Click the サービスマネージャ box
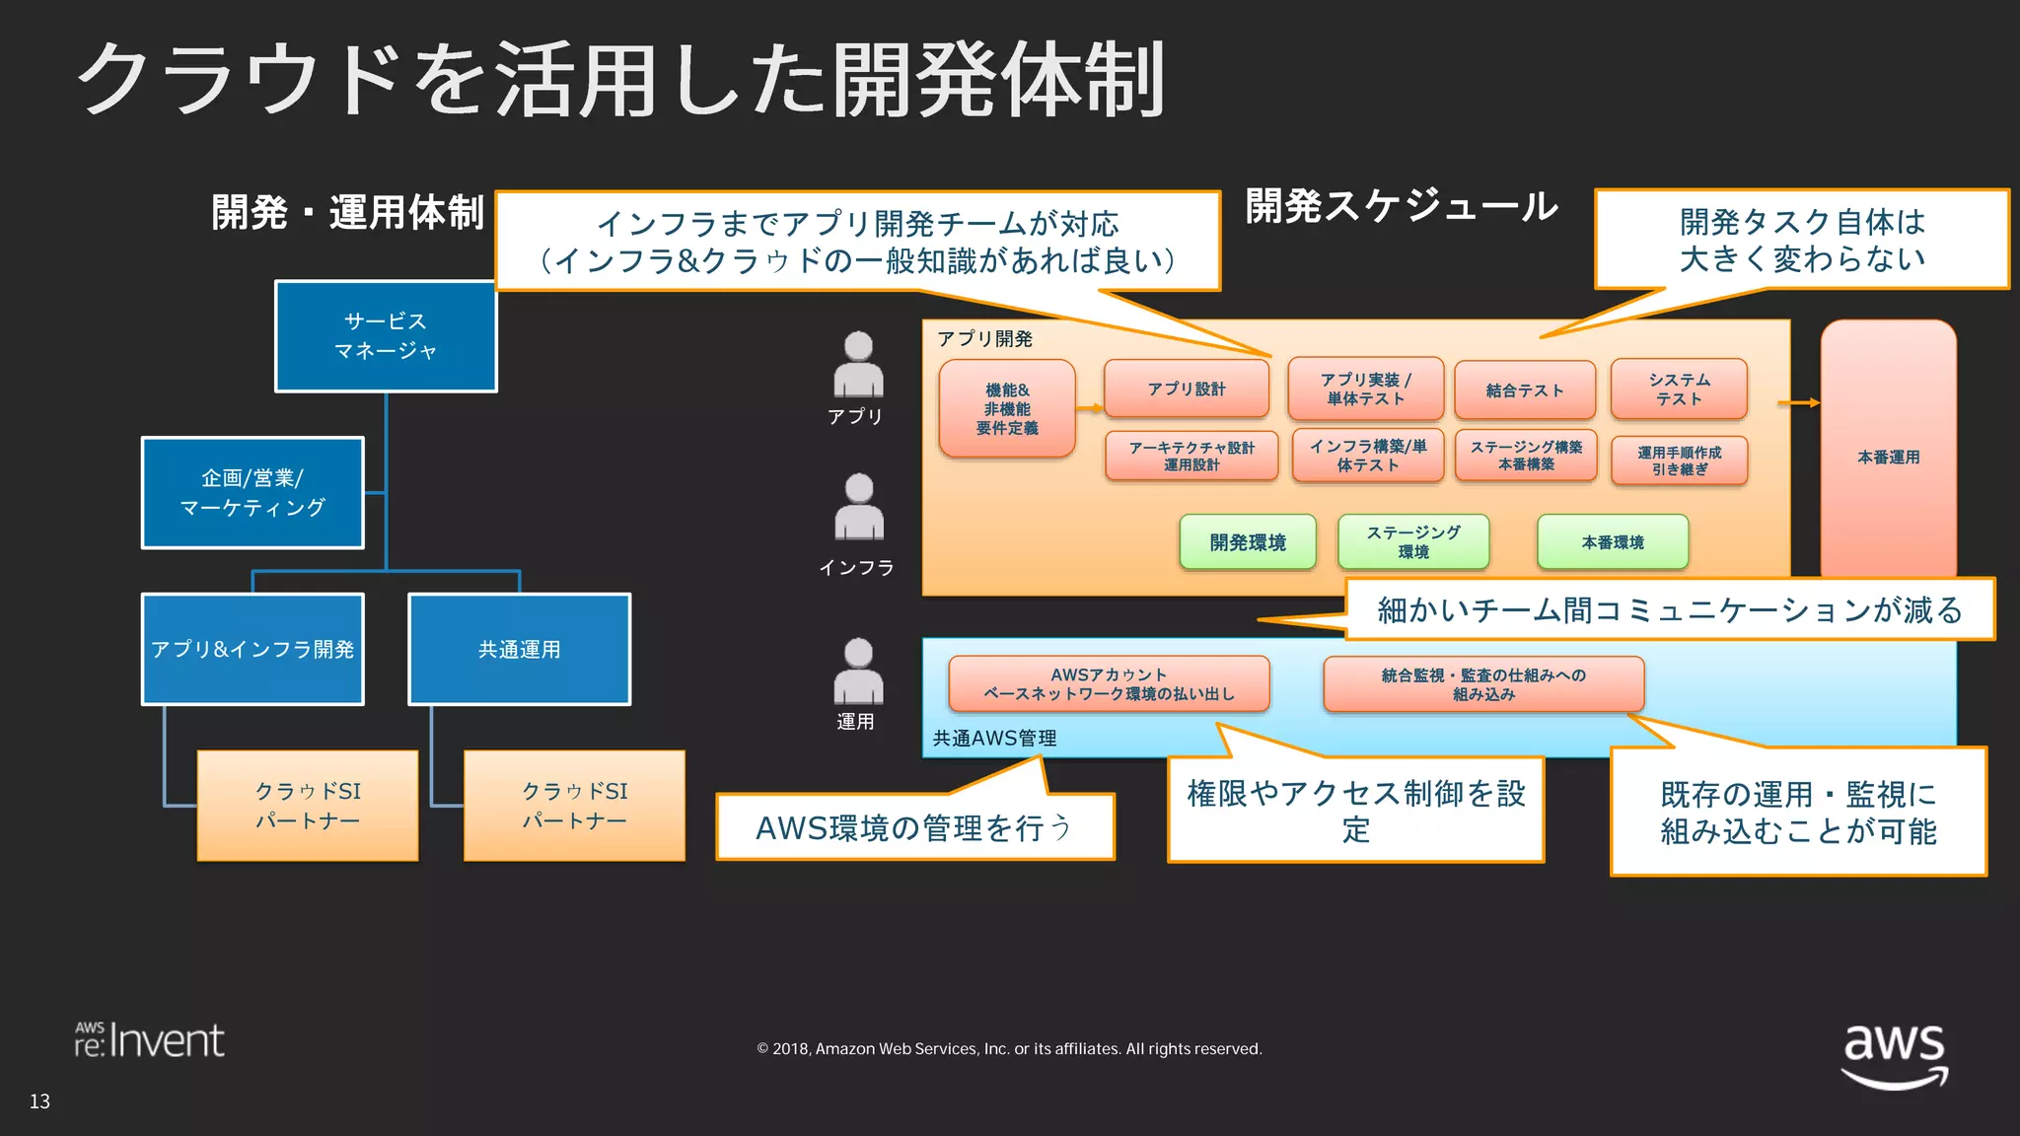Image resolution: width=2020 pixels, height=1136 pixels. pos(386,336)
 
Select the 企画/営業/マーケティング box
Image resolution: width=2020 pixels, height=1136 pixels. pos(252,493)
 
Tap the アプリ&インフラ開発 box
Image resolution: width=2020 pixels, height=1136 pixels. pos(252,649)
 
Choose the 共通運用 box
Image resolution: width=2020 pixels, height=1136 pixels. pos(519,649)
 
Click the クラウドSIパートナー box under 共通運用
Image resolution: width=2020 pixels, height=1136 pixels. pos(574,806)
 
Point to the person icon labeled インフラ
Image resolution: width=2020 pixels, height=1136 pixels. pos(859,507)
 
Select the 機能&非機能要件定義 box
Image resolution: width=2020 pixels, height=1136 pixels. pos(1007,408)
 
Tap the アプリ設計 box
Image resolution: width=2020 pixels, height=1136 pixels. pos(1187,389)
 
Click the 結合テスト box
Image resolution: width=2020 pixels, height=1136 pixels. pos(1525,390)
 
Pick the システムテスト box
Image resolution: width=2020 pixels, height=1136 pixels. pos(1679,390)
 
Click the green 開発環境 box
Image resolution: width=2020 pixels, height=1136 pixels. pos(1248,542)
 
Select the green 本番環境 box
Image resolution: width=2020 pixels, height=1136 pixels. pos(1613,542)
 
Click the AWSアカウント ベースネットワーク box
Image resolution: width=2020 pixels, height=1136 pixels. pos(1109,684)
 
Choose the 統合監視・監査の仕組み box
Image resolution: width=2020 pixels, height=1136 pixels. pos(1483,684)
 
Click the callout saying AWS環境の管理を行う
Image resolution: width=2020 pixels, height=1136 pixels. pos(914,828)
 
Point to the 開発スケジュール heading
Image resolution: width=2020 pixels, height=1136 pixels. pos(1402,206)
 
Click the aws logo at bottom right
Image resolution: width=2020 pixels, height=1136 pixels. pos(1895,1054)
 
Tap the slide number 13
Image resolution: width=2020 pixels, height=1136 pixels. pos(39,1101)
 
